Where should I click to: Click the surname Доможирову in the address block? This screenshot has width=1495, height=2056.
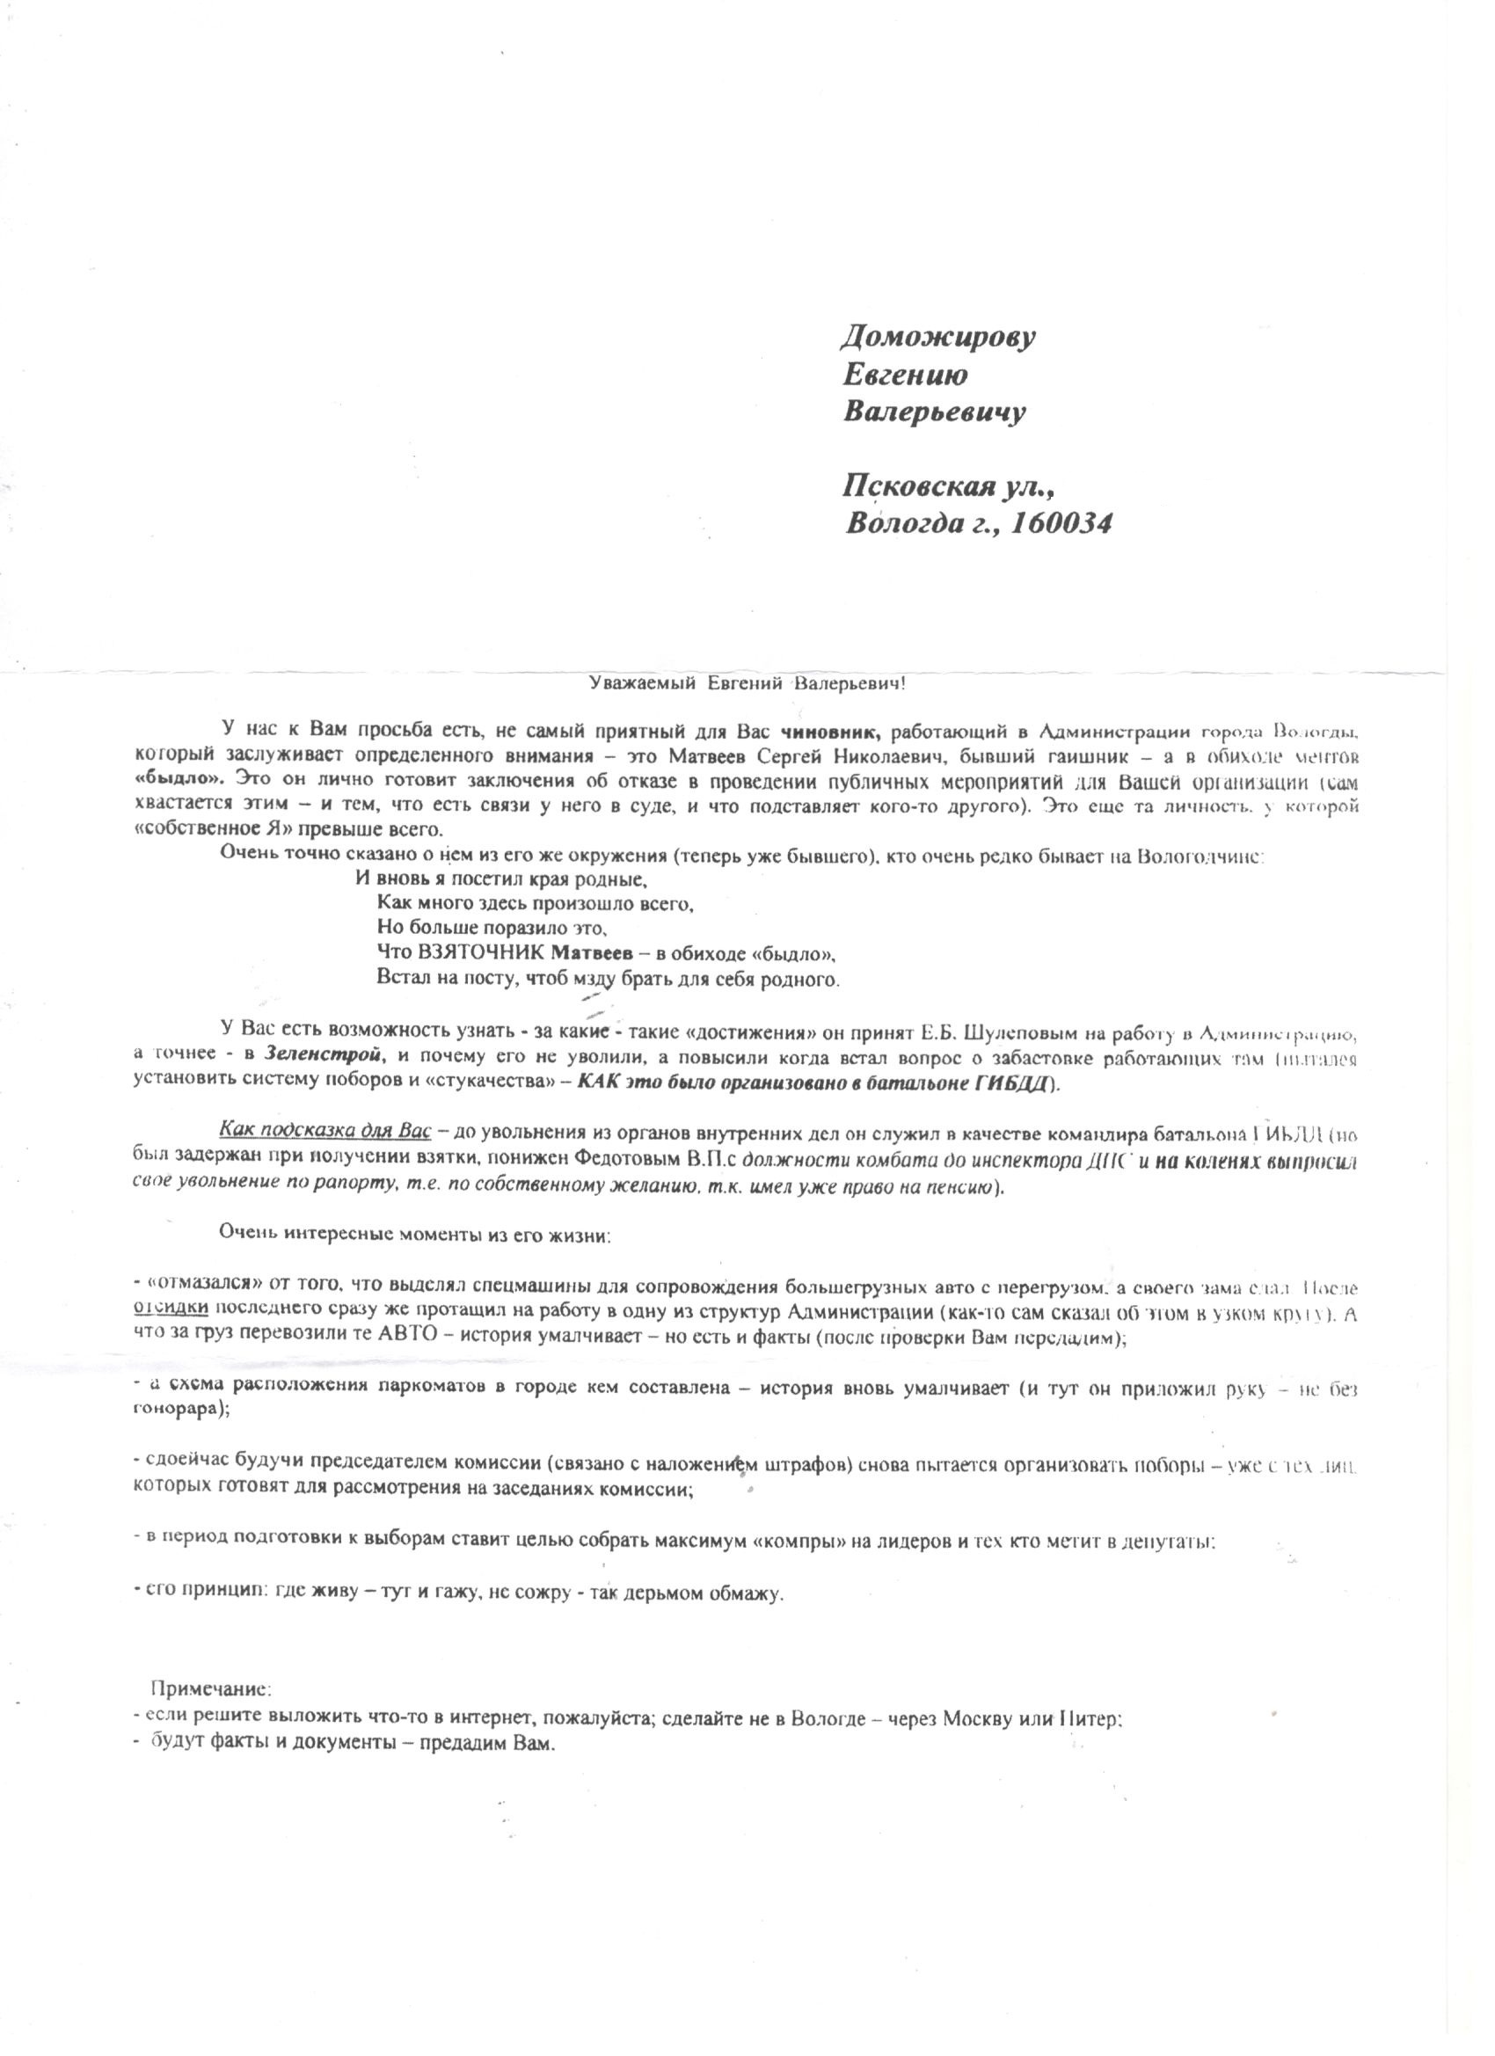click(x=938, y=339)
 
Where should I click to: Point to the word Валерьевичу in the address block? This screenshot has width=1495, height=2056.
click(x=934, y=412)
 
